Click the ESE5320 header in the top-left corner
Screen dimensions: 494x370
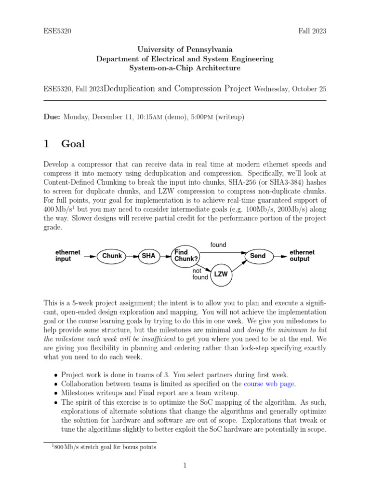57,31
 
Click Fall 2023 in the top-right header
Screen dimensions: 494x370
312,31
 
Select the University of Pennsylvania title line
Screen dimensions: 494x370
185,49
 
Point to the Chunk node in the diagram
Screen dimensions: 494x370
112,256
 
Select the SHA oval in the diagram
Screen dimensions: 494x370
149,256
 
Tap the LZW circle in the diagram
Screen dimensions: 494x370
221,274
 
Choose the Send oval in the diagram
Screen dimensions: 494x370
258,256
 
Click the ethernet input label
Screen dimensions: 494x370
68,256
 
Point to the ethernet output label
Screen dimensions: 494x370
302,256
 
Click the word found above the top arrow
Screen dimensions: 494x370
218,245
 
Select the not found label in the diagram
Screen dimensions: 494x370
200,274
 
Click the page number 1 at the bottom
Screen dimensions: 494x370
185,466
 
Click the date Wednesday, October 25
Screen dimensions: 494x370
290,89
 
